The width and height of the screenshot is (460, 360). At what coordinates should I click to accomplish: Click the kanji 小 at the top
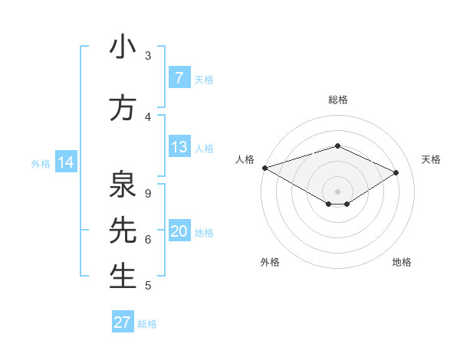pos(123,47)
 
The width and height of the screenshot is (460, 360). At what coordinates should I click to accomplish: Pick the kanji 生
pos(123,277)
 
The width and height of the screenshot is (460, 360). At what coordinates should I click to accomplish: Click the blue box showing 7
pos(179,78)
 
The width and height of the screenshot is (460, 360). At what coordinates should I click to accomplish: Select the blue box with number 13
pos(179,147)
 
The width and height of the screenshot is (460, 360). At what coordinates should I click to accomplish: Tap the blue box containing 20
pos(179,231)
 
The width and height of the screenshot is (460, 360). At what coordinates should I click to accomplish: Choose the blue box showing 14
pos(65,162)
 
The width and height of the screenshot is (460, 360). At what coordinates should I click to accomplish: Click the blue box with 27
pos(122,322)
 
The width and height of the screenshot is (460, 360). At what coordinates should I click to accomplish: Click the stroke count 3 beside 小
pos(148,55)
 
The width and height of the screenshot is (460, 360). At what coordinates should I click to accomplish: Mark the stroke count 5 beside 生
pos(148,286)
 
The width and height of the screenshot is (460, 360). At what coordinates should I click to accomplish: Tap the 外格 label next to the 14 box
pos(41,163)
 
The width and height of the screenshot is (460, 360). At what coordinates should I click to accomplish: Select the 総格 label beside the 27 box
pos(147,323)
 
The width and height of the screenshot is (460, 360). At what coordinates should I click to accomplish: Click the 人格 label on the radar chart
pos(245,159)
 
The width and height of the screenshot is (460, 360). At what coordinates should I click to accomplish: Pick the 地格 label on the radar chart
pos(402,262)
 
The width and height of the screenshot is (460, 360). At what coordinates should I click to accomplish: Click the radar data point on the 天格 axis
pos(396,173)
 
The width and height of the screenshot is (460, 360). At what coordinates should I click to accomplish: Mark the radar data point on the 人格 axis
pos(264,167)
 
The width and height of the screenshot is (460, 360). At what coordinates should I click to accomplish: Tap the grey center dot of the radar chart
pos(337,190)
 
